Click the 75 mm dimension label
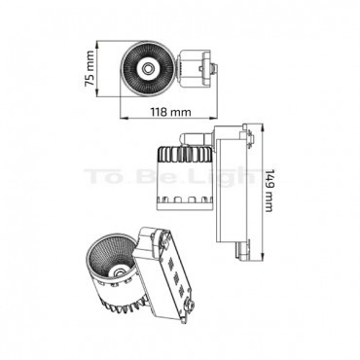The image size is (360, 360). pyautogui.click(x=89, y=68)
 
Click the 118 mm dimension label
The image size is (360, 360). pyautogui.click(x=171, y=112)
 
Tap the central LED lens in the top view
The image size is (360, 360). pyautogui.click(x=148, y=68)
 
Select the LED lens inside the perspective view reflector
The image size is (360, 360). pyautogui.click(x=118, y=270)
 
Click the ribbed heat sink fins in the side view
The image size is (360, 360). pyautogui.click(x=185, y=154)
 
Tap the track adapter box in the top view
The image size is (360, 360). pyautogui.click(x=194, y=69)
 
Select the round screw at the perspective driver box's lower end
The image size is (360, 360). pyautogui.click(x=188, y=305)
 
